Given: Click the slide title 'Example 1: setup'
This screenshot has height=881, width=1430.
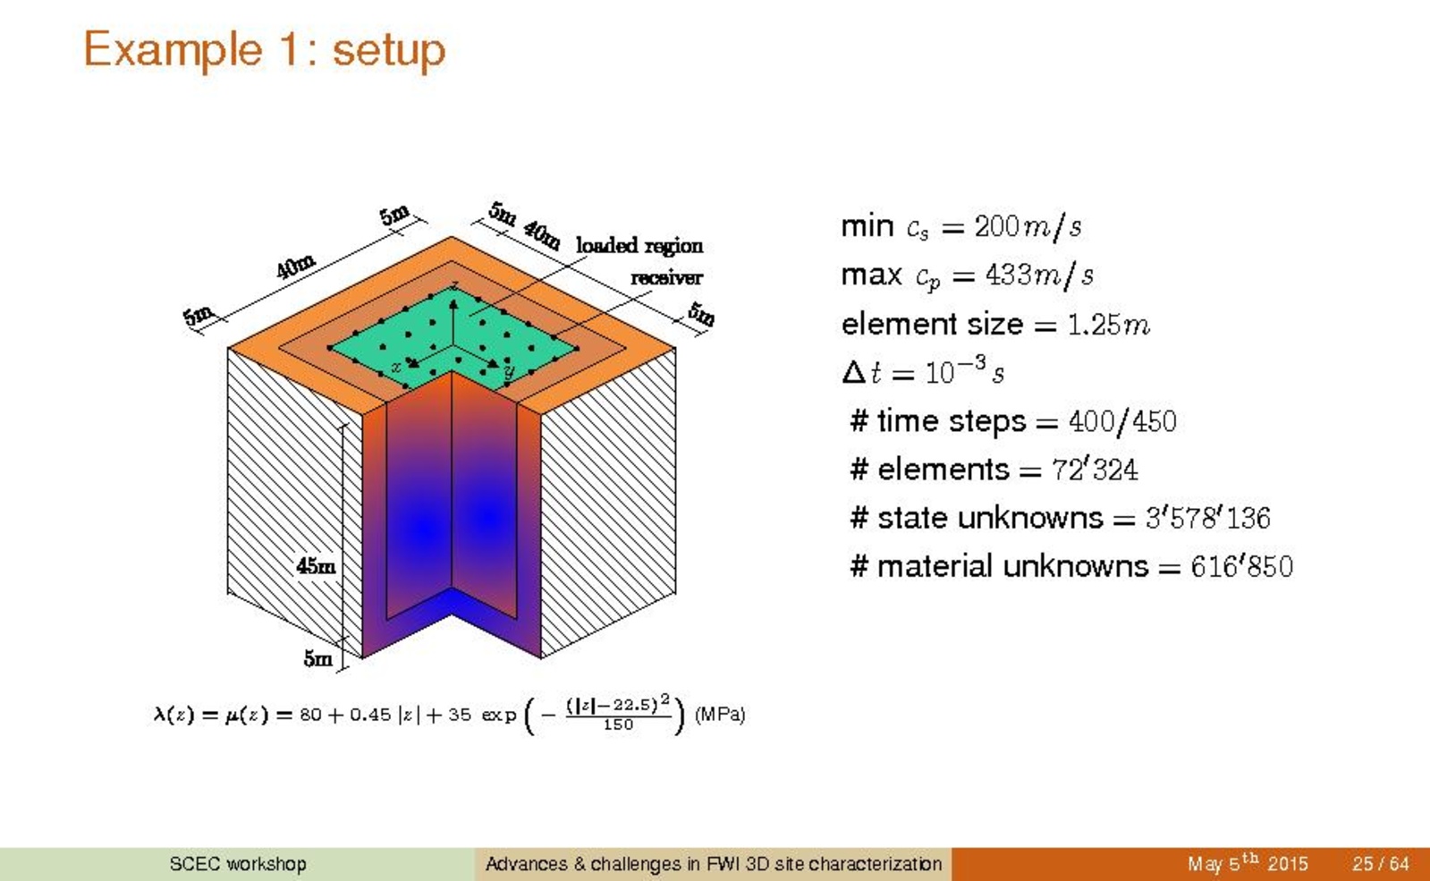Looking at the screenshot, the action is [x=265, y=50].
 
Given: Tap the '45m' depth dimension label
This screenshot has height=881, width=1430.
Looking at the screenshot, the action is [x=316, y=565].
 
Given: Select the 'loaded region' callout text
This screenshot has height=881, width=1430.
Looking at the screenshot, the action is [x=639, y=246].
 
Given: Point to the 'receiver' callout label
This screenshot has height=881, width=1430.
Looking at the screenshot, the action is [x=666, y=277].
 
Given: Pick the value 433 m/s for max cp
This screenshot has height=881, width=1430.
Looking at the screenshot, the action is [x=1039, y=275].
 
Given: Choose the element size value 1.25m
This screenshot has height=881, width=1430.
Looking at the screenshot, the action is [x=1108, y=325].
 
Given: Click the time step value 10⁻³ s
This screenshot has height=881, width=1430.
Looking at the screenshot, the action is [x=964, y=370].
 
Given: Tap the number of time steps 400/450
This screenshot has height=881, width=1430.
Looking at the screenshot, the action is [x=1122, y=421].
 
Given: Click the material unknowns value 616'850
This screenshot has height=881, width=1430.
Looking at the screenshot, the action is [x=1241, y=566].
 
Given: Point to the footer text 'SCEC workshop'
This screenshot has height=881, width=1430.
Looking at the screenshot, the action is [x=238, y=864].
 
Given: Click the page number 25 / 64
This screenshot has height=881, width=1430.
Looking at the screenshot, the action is [x=1380, y=864].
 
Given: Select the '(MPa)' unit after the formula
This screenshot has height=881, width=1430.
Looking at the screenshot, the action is [x=719, y=715].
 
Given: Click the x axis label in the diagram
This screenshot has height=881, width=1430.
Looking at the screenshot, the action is [x=396, y=367].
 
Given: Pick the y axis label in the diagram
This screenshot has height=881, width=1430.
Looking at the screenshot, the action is [x=509, y=371].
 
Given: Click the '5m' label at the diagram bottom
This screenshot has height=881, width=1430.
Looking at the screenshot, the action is [x=317, y=657].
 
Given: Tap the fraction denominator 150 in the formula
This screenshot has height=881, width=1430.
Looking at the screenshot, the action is [x=618, y=725].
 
